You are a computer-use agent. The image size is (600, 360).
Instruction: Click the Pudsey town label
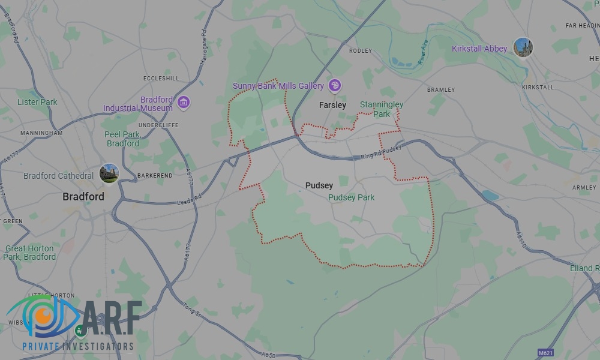point(319,185)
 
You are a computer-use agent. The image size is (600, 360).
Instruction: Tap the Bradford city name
point(83,196)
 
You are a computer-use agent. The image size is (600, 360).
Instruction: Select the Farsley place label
point(332,105)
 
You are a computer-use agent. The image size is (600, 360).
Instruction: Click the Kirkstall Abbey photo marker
point(523,47)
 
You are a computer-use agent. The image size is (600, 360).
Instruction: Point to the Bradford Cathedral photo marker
point(109,174)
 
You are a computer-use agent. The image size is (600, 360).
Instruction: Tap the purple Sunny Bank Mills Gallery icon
point(335,86)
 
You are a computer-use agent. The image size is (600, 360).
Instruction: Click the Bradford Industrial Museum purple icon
point(184,103)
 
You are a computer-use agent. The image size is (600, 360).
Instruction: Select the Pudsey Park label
point(352,197)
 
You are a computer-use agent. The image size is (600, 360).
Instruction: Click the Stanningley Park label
point(382,109)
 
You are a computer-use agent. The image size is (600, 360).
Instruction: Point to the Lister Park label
point(37,102)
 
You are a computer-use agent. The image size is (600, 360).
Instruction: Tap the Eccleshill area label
point(161,79)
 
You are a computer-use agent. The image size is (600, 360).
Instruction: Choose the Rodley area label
point(361,51)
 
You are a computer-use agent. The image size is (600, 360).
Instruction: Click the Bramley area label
point(441,90)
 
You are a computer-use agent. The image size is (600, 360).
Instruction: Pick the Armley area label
point(584,188)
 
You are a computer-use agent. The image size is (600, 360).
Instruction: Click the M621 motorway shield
point(545,353)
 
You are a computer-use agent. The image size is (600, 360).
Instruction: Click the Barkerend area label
point(155,175)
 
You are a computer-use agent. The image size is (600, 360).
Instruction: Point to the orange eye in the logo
point(42,314)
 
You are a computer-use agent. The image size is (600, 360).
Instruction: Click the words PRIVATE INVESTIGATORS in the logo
point(77,346)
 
